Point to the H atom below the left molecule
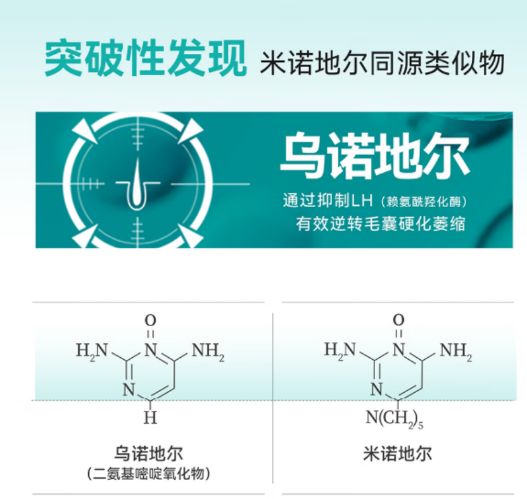(150, 419)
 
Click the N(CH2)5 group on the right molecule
(393, 419)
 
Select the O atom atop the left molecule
(150, 320)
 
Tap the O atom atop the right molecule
(398, 320)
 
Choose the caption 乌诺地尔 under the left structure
(149, 453)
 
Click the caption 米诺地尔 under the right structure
(398, 453)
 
